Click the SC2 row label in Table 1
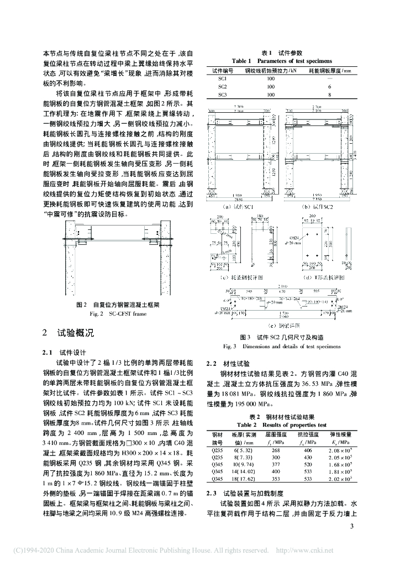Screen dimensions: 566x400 coord(223,86)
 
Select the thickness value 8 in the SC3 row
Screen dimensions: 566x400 coord(329,95)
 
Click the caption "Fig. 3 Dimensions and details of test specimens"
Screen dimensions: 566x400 coord(282,347)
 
